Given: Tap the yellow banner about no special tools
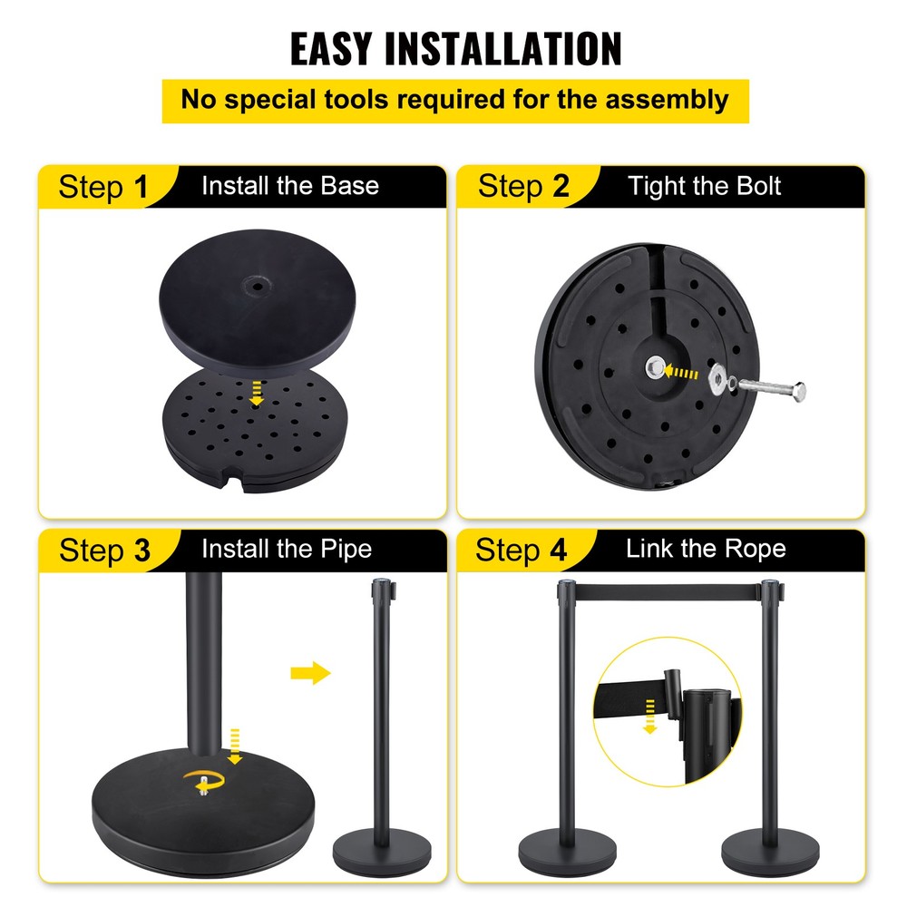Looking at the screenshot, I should [455, 100].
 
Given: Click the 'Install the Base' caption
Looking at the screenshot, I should [289, 187].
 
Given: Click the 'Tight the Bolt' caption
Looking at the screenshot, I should [704, 187].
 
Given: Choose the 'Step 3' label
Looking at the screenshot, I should [104, 551].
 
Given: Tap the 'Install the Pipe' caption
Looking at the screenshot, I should [286, 549].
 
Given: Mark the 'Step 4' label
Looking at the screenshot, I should [522, 551].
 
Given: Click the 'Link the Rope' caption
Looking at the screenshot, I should [705, 549].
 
